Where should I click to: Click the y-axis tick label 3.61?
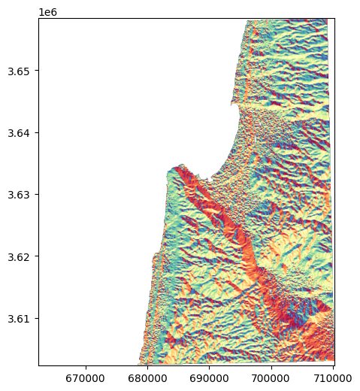[x=20, y=318]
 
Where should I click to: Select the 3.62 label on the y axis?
[x=20, y=256]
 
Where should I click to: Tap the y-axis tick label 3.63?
[x=20, y=195]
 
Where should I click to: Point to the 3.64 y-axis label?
[x=20, y=133]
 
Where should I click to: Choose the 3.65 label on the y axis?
[x=20, y=71]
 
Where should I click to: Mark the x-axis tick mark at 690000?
[x=209, y=365]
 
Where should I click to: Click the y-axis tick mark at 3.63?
[x=38, y=195]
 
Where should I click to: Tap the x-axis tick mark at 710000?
[x=332, y=365]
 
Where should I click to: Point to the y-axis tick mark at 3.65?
[x=38, y=71]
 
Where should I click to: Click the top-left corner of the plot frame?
[x=38, y=19]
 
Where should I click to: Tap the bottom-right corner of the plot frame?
[x=334, y=365]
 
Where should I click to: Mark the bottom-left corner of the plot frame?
[x=38, y=365]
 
